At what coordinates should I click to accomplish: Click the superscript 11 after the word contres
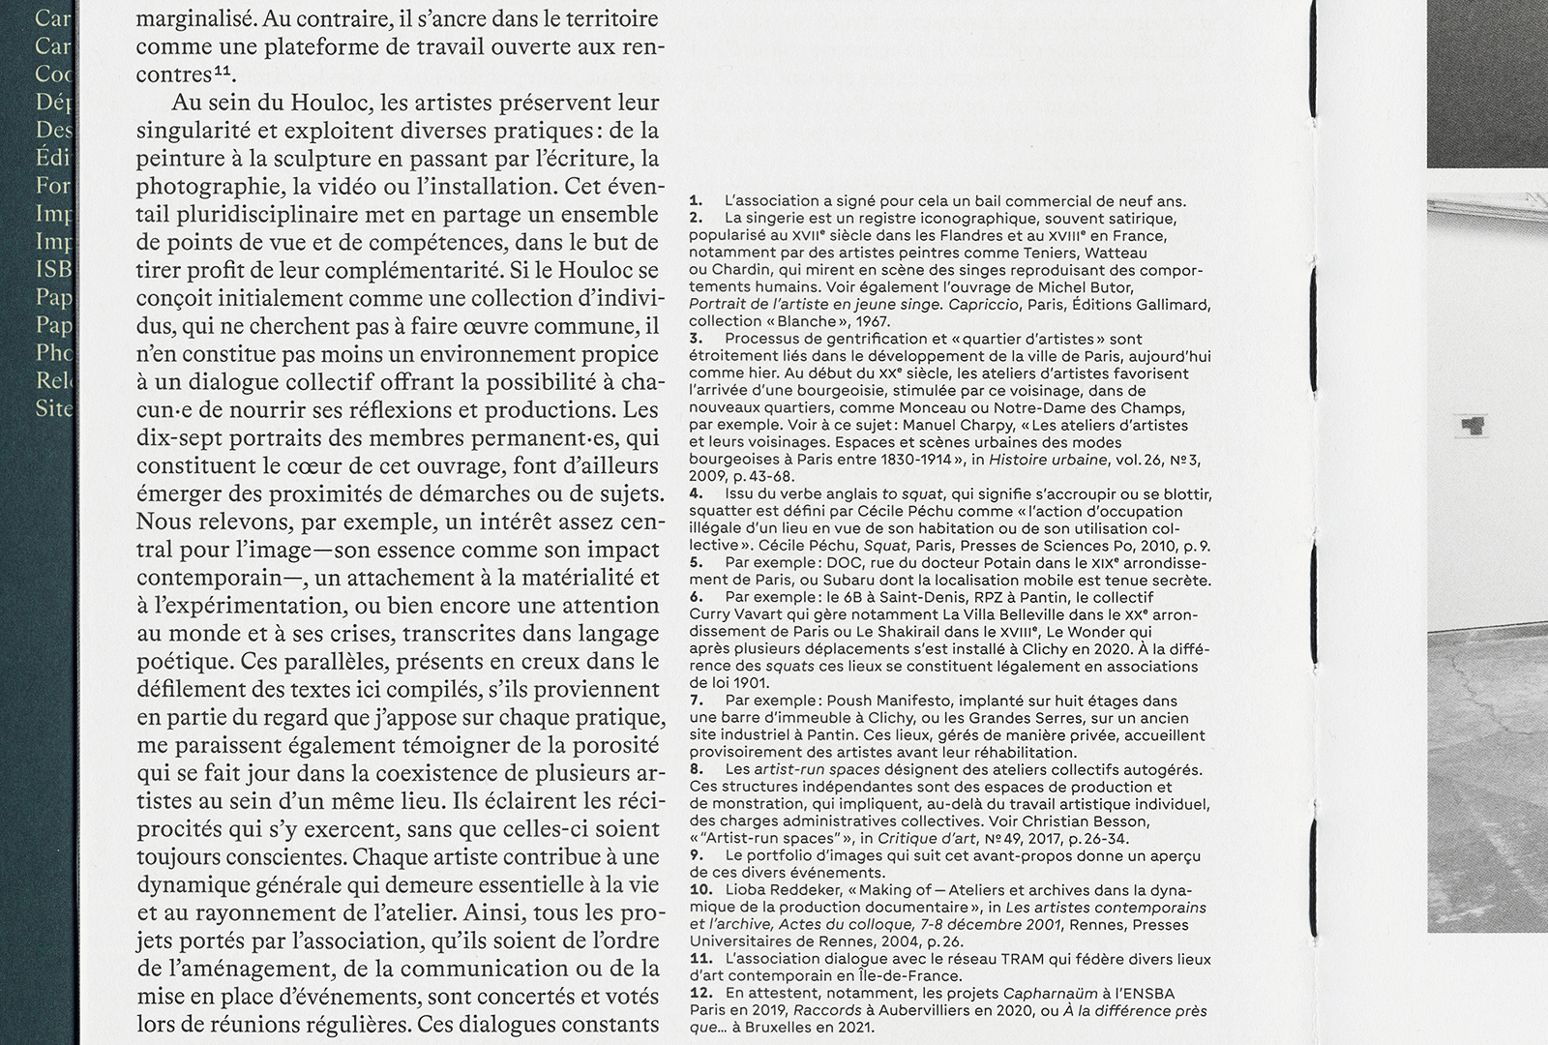click(x=223, y=71)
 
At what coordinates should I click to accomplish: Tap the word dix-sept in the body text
click(x=175, y=438)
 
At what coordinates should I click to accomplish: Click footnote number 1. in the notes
click(x=697, y=201)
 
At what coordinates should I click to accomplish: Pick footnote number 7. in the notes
click(x=697, y=701)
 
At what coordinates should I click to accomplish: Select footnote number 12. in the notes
click(x=701, y=994)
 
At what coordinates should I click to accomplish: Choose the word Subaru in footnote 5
click(x=850, y=581)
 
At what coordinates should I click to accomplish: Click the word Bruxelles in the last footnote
click(x=780, y=1029)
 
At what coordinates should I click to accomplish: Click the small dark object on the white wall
click(x=1473, y=425)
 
